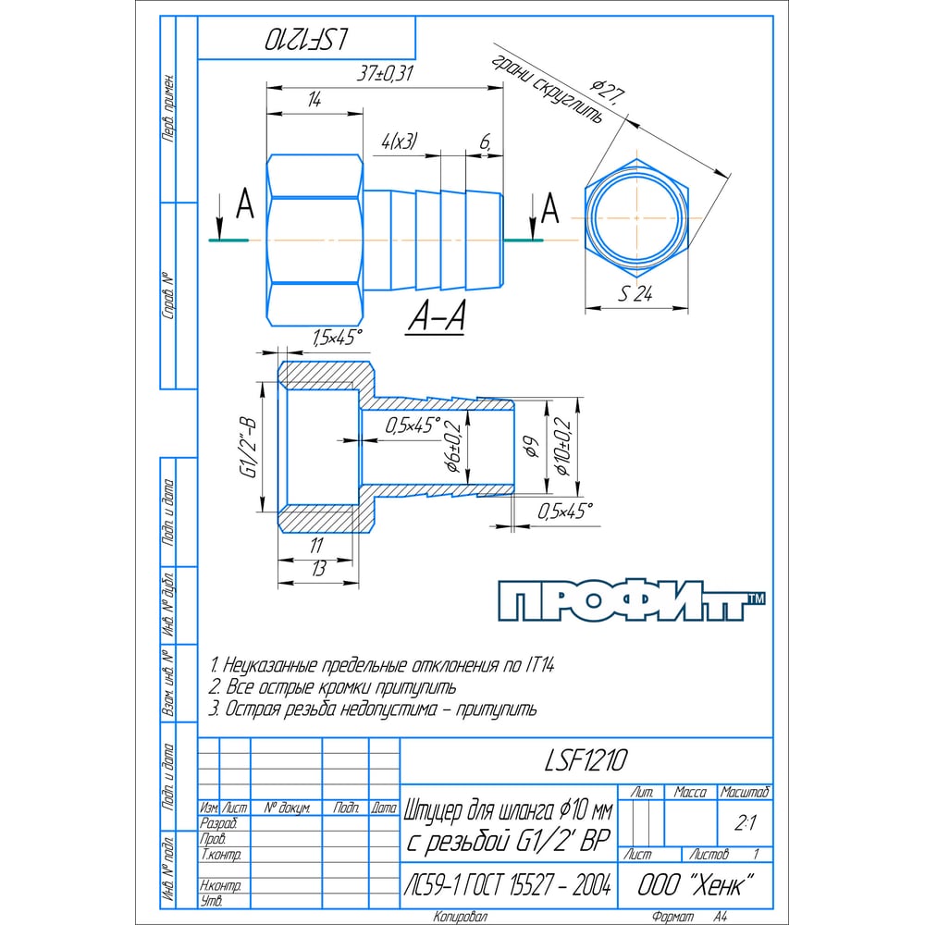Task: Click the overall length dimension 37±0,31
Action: click(386, 74)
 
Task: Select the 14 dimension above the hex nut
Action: click(314, 99)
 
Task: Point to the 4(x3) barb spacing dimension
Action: click(400, 142)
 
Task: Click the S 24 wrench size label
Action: click(635, 293)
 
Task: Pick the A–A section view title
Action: click(436, 315)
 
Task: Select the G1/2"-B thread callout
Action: click(248, 448)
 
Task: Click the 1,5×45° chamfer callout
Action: click(337, 338)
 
